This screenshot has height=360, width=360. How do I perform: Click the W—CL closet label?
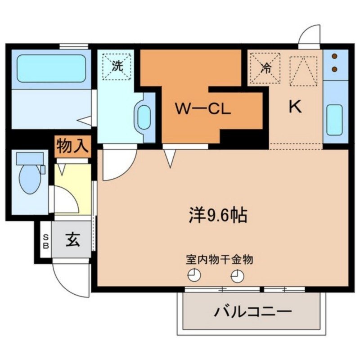coord(202,109)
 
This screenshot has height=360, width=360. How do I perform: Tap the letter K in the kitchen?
coord(295,107)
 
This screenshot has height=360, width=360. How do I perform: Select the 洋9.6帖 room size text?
coord(217,215)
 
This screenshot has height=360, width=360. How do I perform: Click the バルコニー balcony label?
coord(253,311)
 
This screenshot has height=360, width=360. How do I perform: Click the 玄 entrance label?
coord(72,240)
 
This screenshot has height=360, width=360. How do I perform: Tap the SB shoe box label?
coord(45,241)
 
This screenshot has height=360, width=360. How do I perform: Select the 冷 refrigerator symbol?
coord(265,68)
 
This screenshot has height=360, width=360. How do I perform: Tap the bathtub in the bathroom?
coord(51,68)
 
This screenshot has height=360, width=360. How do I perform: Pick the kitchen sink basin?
coord(335,120)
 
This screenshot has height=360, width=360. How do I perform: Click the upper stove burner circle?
coord(335,57)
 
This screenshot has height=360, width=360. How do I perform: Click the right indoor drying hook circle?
coord(236,275)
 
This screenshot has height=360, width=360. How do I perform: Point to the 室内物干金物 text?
coord(219,260)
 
